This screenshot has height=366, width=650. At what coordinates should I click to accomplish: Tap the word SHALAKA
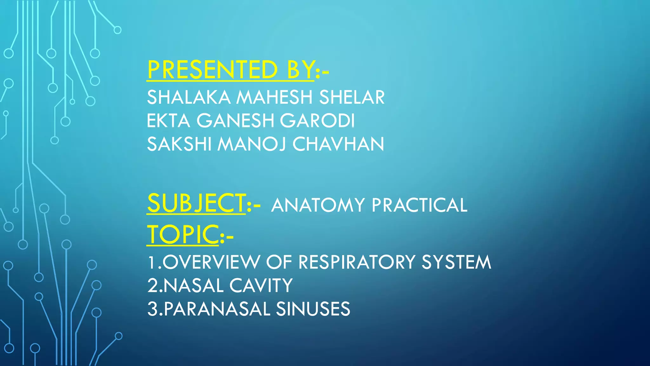click(x=189, y=97)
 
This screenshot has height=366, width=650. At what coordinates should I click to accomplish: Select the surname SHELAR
click(x=352, y=97)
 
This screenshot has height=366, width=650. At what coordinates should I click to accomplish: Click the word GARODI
click(x=317, y=121)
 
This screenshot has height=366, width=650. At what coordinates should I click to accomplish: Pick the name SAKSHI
click(x=179, y=144)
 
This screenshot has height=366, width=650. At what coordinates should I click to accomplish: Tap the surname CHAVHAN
click(x=338, y=144)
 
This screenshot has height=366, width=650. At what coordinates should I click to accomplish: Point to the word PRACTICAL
click(x=419, y=205)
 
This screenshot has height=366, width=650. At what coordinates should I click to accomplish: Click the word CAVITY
click(x=261, y=286)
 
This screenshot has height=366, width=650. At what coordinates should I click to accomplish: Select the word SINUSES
click(x=313, y=309)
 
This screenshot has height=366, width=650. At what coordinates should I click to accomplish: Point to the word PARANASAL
click(x=217, y=309)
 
